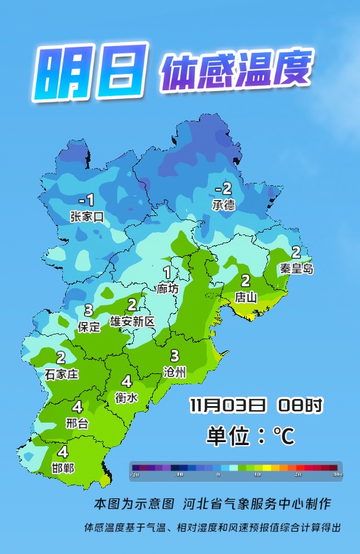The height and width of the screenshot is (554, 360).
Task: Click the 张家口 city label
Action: pyautogui.click(x=87, y=217)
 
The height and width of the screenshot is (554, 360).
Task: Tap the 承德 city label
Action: pyautogui.click(x=223, y=205)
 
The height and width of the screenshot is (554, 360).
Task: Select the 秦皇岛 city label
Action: pyautogui.click(x=296, y=268)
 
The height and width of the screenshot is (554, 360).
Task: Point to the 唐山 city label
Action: pyautogui.click(x=246, y=297)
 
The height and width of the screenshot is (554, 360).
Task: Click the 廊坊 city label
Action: pyautogui.click(x=168, y=289)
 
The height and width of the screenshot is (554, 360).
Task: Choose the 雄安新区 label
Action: pyautogui.click(x=132, y=321)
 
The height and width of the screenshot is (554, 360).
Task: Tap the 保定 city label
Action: pyautogui.click(x=89, y=326)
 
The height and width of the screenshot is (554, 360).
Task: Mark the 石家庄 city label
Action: pyautogui.click(x=62, y=374)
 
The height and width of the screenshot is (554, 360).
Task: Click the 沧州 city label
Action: pyautogui.click(x=175, y=372)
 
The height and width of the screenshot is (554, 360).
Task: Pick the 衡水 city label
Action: pyautogui.click(x=126, y=398)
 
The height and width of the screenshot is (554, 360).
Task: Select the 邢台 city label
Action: pyautogui.click(x=77, y=423)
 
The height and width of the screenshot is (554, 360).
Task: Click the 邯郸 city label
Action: pyautogui.click(x=63, y=468)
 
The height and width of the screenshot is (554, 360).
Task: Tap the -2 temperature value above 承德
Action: pyautogui.click(x=223, y=189)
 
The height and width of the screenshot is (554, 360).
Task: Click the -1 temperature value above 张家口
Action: pyautogui.click(x=86, y=200)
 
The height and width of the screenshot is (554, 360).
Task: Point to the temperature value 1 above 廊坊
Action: pyautogui.click(x=167, y=273)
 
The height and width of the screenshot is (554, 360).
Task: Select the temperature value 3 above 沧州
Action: pyautogui.click(x=175, y=356)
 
